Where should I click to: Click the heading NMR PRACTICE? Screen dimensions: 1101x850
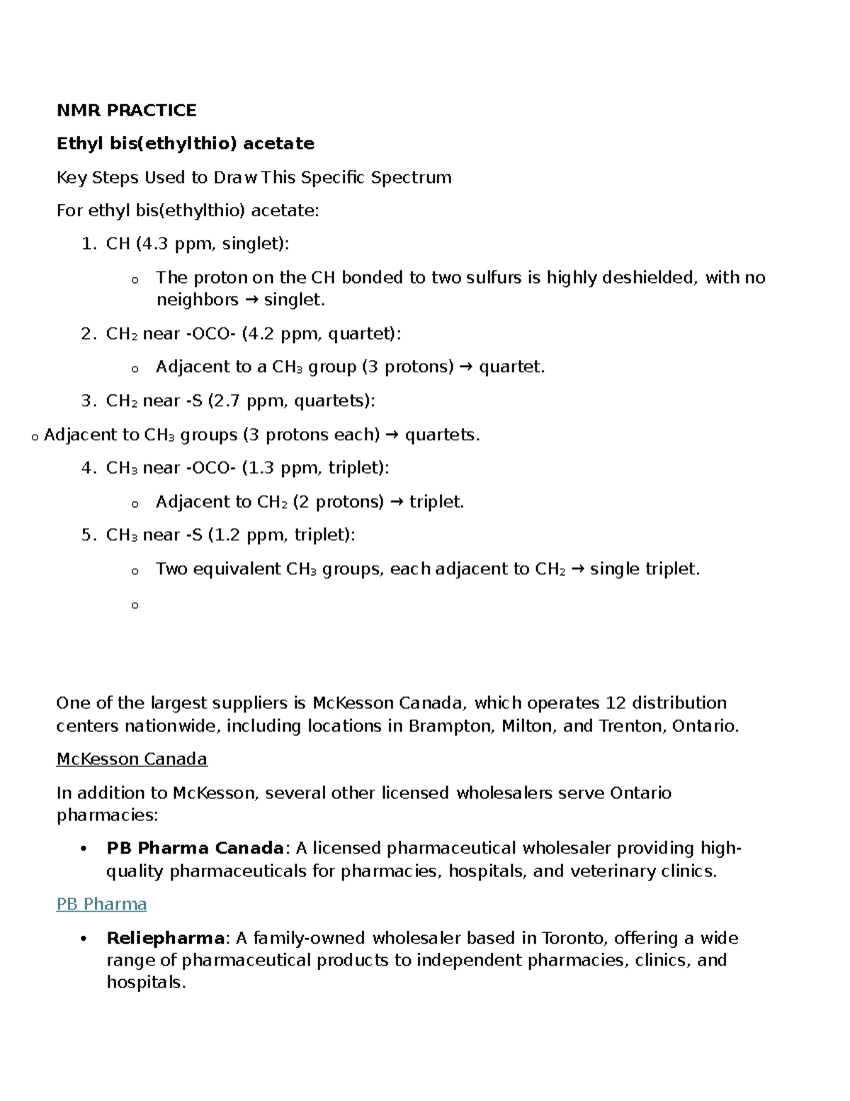click(x=126, y=111)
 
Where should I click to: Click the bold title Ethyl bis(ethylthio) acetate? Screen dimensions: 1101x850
click(x=185, y=144)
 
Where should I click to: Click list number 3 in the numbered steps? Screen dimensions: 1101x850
click(x=87, y=401)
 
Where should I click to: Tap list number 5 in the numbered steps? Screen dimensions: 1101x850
click(x=87, y=535)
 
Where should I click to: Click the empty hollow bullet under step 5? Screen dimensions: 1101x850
click(x=135, y=605)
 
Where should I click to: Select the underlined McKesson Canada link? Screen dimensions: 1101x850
click(x=132, y=759)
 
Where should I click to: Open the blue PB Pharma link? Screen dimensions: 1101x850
click(x=101, y=905)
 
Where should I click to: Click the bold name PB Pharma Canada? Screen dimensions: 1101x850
click(x=195, y=849)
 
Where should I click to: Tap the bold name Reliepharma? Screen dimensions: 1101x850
click(x=166, y=939)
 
